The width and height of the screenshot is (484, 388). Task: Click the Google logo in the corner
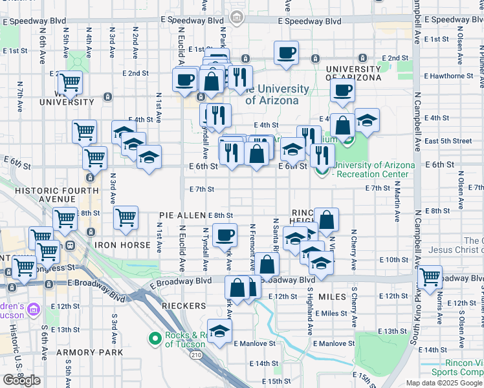pyautogui.click(x=21, y=380)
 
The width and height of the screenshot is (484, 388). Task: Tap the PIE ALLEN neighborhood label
pyautogui.click(x=183, y=215)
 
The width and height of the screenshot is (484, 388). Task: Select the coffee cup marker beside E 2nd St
pyautogui.click(x=285, y=53)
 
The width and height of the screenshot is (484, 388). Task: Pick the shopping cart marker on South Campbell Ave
pyautogui.click(x=430, y=277)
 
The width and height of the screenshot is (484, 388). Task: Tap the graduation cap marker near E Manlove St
pyautogui.click(x=220, y=331)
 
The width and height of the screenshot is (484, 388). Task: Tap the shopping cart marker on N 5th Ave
pyautogui.click(x=70, y=83)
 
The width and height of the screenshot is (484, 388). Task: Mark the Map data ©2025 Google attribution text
pyautogui.click(x=443, y=383)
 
